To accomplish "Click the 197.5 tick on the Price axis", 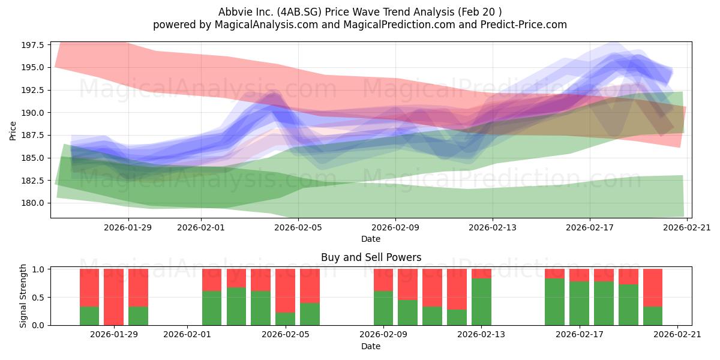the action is [x=33, y=45].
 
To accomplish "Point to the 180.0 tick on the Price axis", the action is [x=33, y=203].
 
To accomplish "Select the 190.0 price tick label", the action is [x=33, y=113].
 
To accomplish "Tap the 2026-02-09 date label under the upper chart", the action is [x=395, y=227].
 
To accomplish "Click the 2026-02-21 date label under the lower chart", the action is [x=677, y=335].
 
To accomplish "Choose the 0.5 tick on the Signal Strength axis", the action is [x=38, y=298].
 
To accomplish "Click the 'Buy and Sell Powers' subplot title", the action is [x=371, y=257].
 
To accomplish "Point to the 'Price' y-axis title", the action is [x=13, y=131].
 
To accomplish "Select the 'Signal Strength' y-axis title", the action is [x=23, y=296].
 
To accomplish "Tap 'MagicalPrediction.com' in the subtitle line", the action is [x=399, y=25].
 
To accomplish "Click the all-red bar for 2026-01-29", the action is [x=114, y=297].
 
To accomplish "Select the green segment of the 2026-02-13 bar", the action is [x=481, y=302].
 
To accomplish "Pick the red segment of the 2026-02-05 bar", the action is [x=310, y=286].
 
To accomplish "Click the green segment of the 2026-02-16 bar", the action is [x=555, y=302].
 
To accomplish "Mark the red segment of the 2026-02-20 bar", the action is [x=653, y=288].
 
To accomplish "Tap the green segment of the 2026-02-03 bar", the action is [x=236, y=307].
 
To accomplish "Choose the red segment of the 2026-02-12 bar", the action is [x=457, y=289].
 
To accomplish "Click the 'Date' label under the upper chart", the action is [x=371, y=239].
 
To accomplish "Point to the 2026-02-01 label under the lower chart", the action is [x=187, y=335].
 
